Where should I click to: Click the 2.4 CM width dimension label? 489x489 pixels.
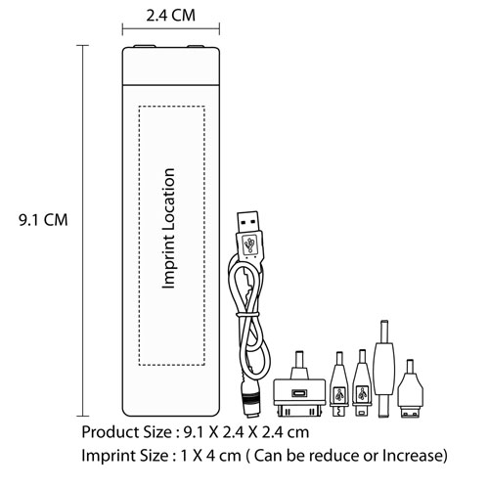click(170, 16)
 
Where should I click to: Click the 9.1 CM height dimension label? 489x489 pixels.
click(43, 220)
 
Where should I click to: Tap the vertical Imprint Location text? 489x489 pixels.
click(169, 229)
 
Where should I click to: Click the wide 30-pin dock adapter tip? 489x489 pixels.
click(299, 384)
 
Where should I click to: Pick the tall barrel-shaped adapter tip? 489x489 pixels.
click(384, 369)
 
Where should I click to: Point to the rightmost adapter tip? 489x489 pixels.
click(410, 389)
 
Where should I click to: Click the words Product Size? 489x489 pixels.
click(127, 432)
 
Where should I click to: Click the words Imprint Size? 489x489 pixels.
click(125, 456)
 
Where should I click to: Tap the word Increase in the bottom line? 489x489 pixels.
click(414, 456)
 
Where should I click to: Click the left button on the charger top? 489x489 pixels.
click(145, 46)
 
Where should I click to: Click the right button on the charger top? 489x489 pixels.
click(196, 46)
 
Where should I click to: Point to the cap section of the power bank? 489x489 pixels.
click(171, 67)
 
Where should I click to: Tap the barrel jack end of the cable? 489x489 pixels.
click(250, 398)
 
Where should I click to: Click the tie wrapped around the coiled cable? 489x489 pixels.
click(247, 315)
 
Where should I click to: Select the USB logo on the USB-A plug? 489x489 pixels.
click(250, 244)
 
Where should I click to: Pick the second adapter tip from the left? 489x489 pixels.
click(339, 384)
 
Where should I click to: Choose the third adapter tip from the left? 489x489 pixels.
click(362, 383)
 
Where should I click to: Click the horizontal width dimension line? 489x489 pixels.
click(171, 29)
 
